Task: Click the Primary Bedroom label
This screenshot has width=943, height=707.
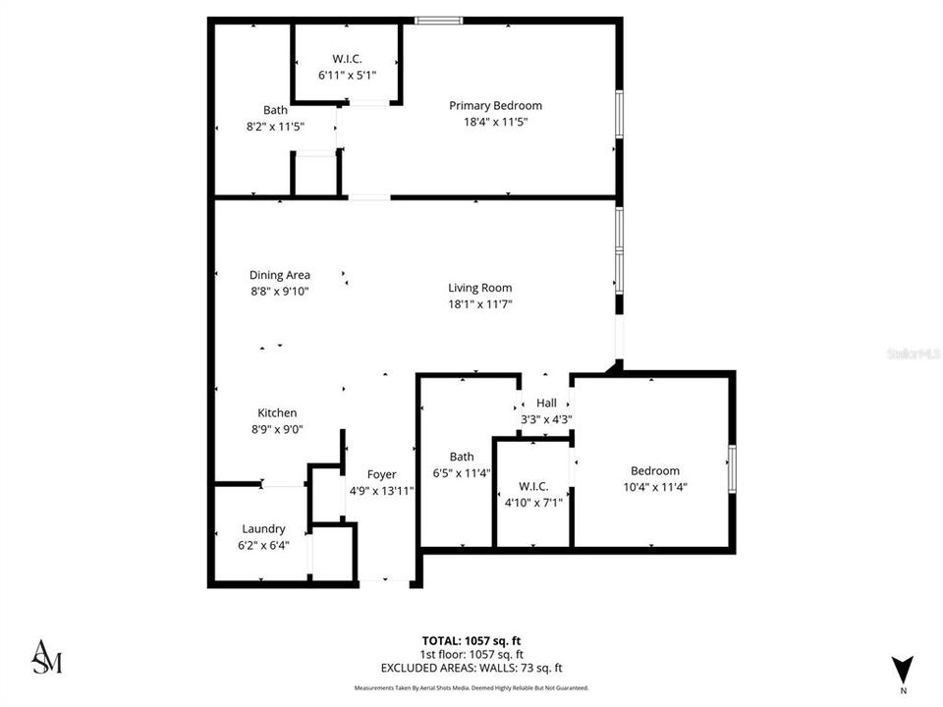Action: [495, 105]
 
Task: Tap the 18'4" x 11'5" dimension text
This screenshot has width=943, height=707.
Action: [495, 122]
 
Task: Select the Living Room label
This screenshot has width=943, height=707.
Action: [479, 288]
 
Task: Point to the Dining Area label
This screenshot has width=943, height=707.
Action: [279, 275]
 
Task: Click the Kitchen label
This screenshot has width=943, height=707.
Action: [277, 413]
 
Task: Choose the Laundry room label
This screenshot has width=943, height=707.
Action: [263, 528]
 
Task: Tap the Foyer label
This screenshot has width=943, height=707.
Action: [381, 474]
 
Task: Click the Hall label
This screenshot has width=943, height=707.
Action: [546, 403]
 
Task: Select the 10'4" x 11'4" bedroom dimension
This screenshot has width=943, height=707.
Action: [654, 487]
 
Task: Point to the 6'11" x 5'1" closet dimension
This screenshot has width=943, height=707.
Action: [347, 75]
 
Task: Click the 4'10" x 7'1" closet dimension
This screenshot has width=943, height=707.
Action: [532, 504]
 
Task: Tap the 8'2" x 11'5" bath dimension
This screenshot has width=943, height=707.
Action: [274, 127]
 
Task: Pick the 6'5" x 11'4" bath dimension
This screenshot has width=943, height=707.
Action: [462, 473]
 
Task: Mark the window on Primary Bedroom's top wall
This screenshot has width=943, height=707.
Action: [438, 20]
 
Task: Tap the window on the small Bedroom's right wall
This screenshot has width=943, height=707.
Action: [731, 468]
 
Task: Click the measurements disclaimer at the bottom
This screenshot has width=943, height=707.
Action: [471, 688]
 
